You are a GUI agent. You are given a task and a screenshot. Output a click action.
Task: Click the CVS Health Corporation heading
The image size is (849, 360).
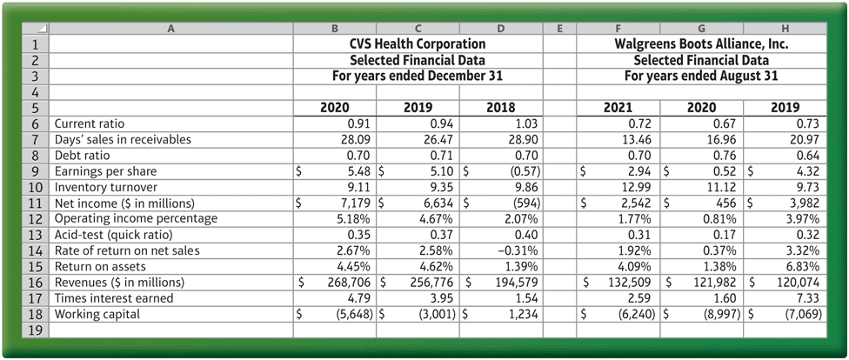418,43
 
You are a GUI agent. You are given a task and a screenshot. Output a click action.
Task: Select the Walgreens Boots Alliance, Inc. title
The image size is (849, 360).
701,43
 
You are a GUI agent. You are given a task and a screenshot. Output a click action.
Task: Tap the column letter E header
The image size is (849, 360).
559,28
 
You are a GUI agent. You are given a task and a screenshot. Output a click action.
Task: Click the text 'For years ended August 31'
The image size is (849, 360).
701,76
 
